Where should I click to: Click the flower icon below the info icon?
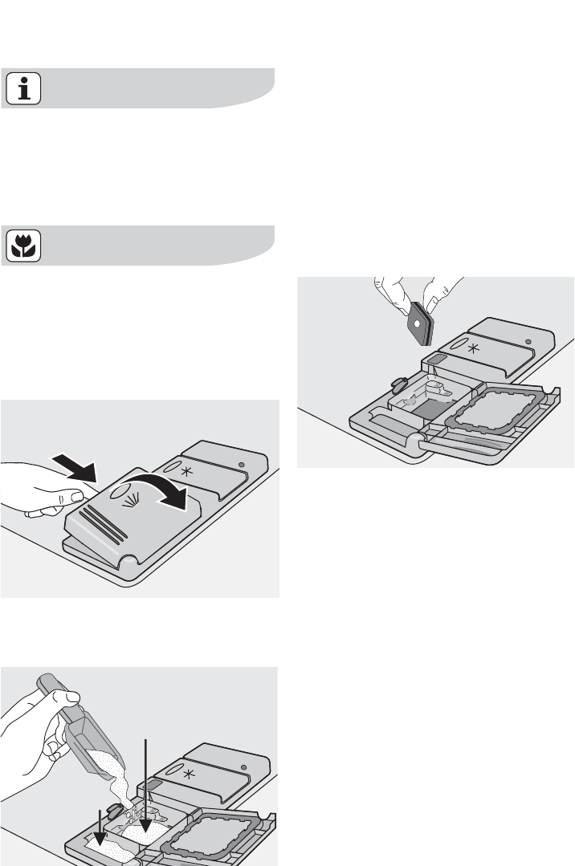point(23,247)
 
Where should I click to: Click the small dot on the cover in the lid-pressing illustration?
point(242,465)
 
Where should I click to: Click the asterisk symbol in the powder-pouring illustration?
point(190,775)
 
